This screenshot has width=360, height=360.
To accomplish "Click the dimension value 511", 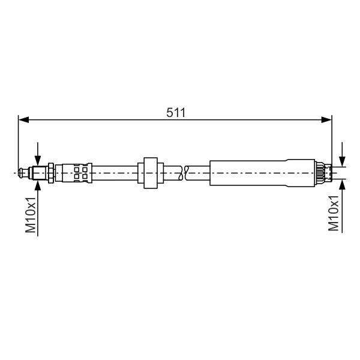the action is pos(176,113).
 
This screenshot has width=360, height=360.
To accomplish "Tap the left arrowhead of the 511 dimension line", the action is pos(23,119).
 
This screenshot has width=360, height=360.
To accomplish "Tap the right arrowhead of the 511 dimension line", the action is pos(326,119).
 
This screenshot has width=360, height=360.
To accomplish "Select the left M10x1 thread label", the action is pos(31,215).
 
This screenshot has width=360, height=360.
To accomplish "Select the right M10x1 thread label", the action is pos(334,213).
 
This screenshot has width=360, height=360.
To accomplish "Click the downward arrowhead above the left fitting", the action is pos(38,160).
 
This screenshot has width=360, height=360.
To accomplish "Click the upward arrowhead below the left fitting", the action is pos(38,185).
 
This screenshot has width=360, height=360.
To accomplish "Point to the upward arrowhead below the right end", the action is pos(343,184).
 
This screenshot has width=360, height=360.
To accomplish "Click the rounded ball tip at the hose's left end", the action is pos(21,173).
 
